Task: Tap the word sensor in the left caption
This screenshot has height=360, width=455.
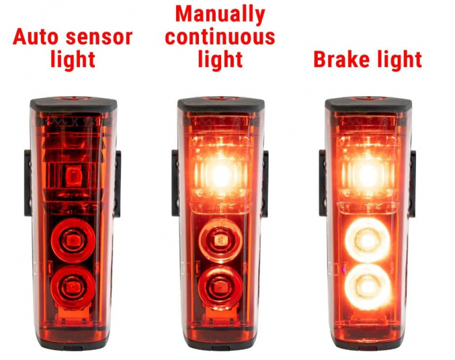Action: pos(99,37)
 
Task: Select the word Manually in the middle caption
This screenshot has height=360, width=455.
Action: pos(220,14)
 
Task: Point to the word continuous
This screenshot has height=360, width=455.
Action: pos(220,36)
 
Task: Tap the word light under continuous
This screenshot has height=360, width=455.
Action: pos(220,59)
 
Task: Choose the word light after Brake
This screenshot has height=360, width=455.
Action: pos(396,60)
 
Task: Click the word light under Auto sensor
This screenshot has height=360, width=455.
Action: pos(73,60)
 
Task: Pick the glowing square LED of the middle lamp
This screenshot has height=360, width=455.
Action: pos(221,174)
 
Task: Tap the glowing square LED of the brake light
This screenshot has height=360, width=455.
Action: pos(368,174)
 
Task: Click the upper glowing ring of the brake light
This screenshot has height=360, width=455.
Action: pos(368,240)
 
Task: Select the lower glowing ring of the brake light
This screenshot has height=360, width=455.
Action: pos(368,286)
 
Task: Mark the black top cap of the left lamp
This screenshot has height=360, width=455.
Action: pos(73,103)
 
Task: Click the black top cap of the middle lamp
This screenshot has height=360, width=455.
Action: pos(221,103)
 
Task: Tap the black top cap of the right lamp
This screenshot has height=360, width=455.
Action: pos(368,103)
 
